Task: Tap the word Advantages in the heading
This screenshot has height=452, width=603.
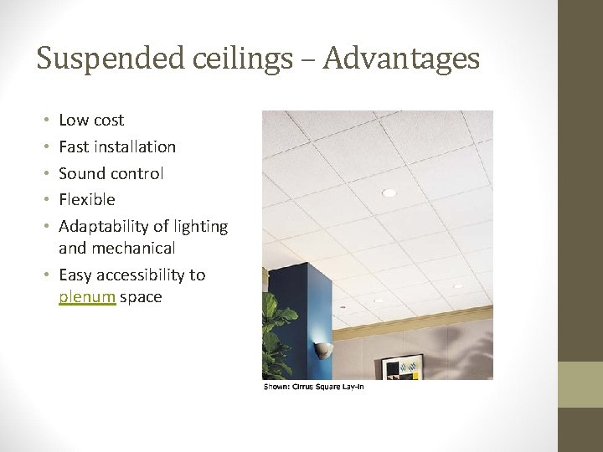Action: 401,59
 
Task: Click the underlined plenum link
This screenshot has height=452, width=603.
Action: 87,297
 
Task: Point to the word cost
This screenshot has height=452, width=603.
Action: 109,121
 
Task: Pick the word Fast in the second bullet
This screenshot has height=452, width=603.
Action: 74,147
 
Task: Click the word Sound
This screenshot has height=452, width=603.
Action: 81,173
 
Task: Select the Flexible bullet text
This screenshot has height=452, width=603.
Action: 87,200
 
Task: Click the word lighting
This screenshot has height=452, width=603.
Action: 201,227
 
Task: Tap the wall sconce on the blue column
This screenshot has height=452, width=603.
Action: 322,350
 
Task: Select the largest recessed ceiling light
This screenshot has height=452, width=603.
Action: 389,193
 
